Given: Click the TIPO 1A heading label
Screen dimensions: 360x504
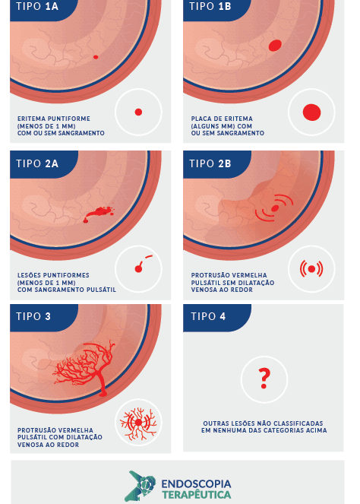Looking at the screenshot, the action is (37, 6).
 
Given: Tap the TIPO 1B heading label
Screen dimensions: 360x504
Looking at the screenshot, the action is (210, 6).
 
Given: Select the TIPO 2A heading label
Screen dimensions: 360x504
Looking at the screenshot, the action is (37, 163).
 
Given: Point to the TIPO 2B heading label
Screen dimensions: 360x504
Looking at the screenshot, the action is (210, 163).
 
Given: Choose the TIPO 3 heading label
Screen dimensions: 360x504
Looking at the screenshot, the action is (33, 316).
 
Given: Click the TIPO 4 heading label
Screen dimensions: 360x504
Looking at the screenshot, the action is (208, 316).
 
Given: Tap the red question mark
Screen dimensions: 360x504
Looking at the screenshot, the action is (264, 379).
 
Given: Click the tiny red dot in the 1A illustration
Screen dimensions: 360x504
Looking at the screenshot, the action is (96, 57).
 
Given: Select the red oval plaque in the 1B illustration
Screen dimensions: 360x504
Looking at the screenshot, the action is (275, 46).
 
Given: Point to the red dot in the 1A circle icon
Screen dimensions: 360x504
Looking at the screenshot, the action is (138, 113).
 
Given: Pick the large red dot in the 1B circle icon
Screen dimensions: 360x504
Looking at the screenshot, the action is (312, 113).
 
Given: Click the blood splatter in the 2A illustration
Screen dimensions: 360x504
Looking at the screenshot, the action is (99, 214).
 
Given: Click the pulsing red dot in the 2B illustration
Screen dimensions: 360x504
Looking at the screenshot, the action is (275, 208).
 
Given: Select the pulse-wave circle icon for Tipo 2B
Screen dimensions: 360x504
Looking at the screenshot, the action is (311, 269).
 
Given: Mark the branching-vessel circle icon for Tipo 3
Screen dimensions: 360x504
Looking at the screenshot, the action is (138, 423).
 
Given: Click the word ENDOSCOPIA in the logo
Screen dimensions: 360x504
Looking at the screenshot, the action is (196, 484).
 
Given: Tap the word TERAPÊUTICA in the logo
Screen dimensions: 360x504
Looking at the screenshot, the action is (196, 494).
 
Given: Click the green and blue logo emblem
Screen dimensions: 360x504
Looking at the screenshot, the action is (141, 486).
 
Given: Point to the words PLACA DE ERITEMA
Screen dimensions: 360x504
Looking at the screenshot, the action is (222, 119).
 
